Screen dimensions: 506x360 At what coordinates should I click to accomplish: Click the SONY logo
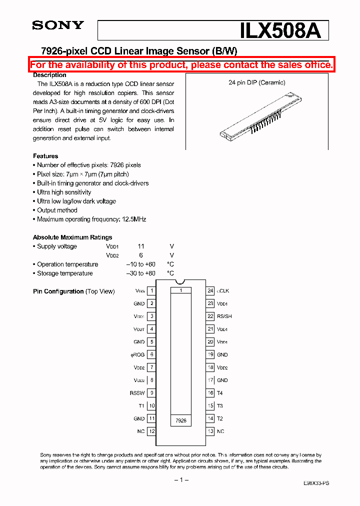click(x=58, y=25)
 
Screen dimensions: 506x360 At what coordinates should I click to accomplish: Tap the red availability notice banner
click(x=181, y=65)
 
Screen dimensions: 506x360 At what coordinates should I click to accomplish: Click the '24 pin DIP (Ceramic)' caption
click(x=257, y=82)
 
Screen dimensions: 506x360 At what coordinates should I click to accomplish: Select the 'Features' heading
click(x=45, y=156)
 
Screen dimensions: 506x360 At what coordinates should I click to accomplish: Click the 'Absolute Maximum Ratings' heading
click(x=72, y=237)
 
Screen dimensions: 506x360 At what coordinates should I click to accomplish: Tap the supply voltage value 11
click(x=141, y=246)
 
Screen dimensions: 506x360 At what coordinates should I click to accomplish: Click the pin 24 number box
click(x=210, y=290)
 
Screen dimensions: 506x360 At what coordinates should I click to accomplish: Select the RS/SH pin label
click(x=224, y=316)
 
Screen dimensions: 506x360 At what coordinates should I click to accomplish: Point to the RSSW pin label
click(x=137, y=393)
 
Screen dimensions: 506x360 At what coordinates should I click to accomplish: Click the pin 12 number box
click(x=151, y=431)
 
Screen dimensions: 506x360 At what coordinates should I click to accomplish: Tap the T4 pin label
click(x=220, y=393)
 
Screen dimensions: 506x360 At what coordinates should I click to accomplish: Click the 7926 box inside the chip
click(x=181, y=420)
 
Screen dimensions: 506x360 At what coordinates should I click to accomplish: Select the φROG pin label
click(x=137, y=354)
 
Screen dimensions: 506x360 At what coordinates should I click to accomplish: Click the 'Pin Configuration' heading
click(x=58, y=291)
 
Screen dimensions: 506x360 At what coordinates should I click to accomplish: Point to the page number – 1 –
click(x=180, y=480)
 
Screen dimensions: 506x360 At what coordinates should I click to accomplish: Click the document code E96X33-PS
click(x=316, y=483)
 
